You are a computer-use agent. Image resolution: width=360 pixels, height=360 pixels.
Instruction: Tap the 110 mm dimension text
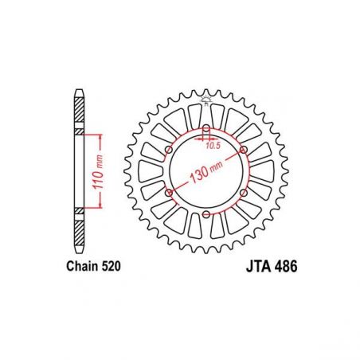pyautogui.click(x=98, y=172)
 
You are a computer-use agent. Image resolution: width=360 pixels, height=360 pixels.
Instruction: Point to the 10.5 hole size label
pyautogui.click(x=213, y=146)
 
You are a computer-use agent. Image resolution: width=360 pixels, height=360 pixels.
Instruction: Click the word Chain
pyautogui.click(x=82, y=266)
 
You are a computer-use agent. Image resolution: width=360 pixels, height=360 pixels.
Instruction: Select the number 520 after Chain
pyautogui.click(x=111, y=266)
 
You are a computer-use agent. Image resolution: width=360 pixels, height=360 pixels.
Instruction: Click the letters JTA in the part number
pyautogui.click(x=260, y=266)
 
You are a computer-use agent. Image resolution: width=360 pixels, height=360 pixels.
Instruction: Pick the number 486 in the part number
pyautogui.click(x=287, y=266)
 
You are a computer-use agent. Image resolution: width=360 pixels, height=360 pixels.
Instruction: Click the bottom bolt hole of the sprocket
pyautogui.click(x=206, y=214)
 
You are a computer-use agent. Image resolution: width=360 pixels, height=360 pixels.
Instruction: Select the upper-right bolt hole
pyautogui.click(x=244, y=151)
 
